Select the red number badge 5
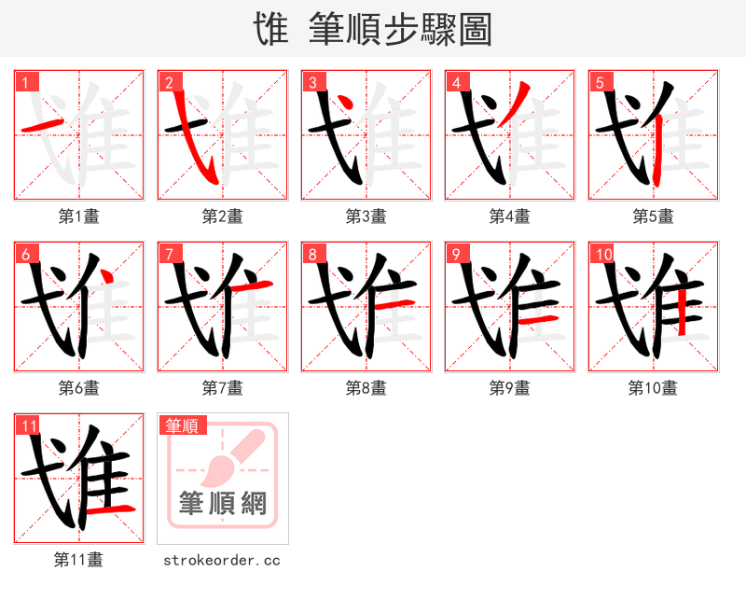[x=600, y=82]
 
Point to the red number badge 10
[x=602, y=254]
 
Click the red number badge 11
[x=28, y=425]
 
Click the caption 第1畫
[x=78, y=216]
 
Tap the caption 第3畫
[x=366, y=216]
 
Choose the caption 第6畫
[x=78, y=388]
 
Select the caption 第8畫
[x=366, y=388]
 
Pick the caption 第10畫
[x=653, y=388]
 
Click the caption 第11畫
[x=78, y=560]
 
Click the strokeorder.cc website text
[x=222, y=560]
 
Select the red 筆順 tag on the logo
[x=181, y=425]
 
